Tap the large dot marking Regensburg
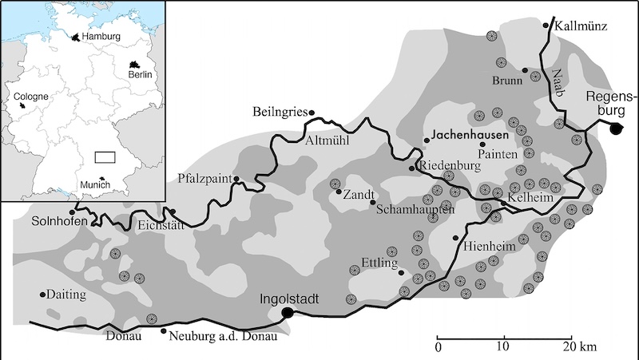[616, 129]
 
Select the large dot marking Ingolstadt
[287, 313]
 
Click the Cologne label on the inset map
[31, 96]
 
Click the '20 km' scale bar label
[577, 347]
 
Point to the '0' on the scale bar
[438, 347]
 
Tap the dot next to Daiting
[42, 294]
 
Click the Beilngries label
[280, 111]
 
